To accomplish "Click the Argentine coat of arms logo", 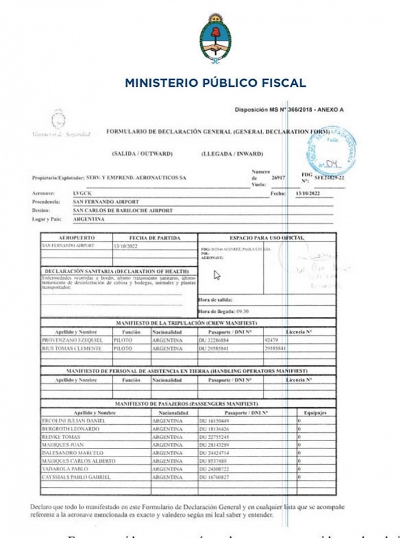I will [215, 39].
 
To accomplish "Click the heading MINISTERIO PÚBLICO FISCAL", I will [215, 83].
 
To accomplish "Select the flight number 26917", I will [279, 177].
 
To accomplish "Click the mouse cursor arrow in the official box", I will [217, 275].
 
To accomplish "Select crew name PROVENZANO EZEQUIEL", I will [72, 340].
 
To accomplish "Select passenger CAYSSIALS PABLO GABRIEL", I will [76, 477].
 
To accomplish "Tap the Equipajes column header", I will [315, 413].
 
